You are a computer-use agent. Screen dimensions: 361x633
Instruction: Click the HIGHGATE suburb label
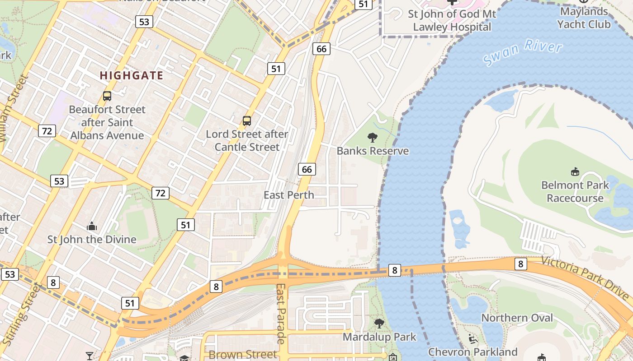point(132,75)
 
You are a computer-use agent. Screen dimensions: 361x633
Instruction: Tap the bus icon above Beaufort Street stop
point(107,96)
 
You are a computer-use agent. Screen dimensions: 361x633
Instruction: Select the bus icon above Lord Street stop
point(247,121)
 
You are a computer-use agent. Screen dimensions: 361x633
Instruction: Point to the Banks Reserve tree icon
point(373,137)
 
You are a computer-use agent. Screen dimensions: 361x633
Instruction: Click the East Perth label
point(288,195)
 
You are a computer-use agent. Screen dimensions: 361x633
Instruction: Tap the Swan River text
point(522,52)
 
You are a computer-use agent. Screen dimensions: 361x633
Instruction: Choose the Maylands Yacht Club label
point(583,18)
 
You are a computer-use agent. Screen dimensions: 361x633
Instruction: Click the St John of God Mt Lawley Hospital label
point(452,20)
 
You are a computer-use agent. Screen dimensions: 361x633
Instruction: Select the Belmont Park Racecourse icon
point(575,171)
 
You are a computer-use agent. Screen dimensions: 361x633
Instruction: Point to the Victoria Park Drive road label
point(585,278)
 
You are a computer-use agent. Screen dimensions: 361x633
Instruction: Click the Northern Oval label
point(517,318)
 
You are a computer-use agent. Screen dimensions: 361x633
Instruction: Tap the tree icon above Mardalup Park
point(379,323)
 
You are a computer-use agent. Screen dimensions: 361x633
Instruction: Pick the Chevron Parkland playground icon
point(472,339)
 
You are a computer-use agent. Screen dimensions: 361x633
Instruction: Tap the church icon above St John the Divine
point(92,226)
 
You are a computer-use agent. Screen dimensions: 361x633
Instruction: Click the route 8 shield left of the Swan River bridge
point(395,270)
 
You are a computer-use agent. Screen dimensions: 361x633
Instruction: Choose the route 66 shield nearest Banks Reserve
point(307,169)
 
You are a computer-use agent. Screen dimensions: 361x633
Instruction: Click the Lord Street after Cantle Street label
point(247,140)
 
